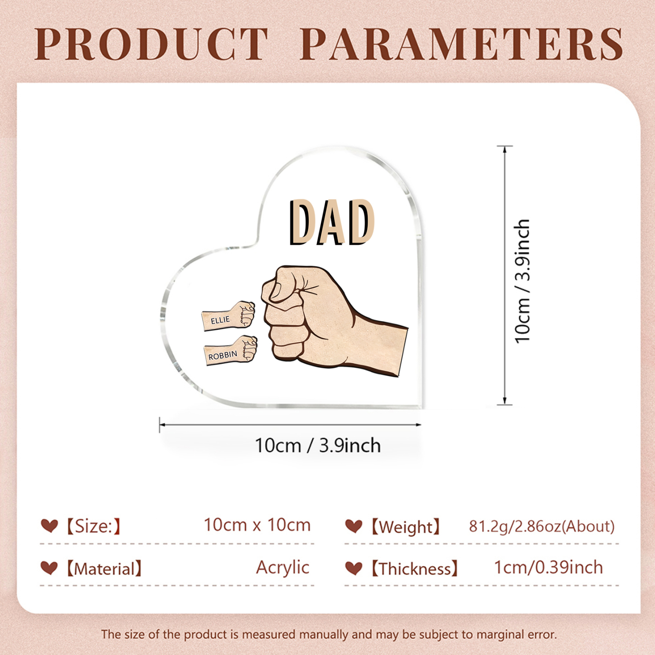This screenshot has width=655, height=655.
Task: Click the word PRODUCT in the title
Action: click(152, 44)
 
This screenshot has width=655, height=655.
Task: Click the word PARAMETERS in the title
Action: click(461, 44)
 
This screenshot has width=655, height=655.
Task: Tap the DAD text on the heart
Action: click(331, 223)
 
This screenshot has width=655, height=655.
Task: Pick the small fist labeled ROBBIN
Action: click(231, 350)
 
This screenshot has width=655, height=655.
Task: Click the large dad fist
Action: click(317, 317)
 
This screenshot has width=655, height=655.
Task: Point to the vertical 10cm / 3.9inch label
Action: click(523, 281)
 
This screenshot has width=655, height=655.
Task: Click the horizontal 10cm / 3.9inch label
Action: click(317, 446)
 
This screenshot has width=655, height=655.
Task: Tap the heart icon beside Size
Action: click(49, 526)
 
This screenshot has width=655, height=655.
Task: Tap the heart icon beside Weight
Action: click(354, 526)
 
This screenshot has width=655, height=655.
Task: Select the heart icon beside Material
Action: click(49, 568)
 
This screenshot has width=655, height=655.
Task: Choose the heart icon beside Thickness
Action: click(354, 568)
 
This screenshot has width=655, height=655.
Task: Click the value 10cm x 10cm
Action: click(257, 525)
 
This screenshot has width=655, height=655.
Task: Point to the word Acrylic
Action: click(282, 568)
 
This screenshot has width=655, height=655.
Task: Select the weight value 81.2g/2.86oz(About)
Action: click(542, 526)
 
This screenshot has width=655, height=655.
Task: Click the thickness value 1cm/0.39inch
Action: click(548, 568)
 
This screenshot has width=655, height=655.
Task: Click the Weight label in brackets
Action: click(405, 527)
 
